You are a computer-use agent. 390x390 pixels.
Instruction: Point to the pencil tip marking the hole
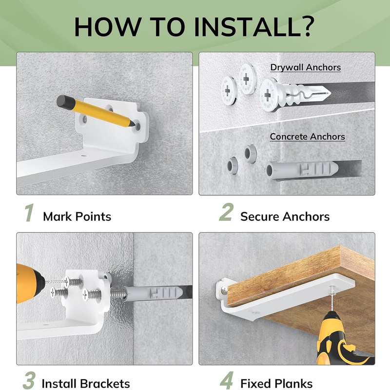(x=133, y=124)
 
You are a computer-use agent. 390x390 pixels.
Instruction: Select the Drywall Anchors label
(x=306, y=67)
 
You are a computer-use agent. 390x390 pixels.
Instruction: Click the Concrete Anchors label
(x=308, y=136)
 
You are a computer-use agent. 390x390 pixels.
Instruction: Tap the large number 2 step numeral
(x=226, y=212)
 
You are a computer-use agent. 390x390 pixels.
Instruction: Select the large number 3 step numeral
(x=29, y=381)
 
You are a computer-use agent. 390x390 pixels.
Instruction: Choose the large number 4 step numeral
(x=227, y=381)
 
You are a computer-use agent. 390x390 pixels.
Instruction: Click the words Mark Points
(x=77, y=216)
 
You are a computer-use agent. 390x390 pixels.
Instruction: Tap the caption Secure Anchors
(x=285, y=216)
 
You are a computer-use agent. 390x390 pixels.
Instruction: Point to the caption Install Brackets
(x=86, y=383)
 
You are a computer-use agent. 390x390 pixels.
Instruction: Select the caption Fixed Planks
(x=276, y=383)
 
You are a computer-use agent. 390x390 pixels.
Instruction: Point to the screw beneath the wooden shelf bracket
(x=331, y=298)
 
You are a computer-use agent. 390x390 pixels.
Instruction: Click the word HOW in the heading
(x=107, y=27)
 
